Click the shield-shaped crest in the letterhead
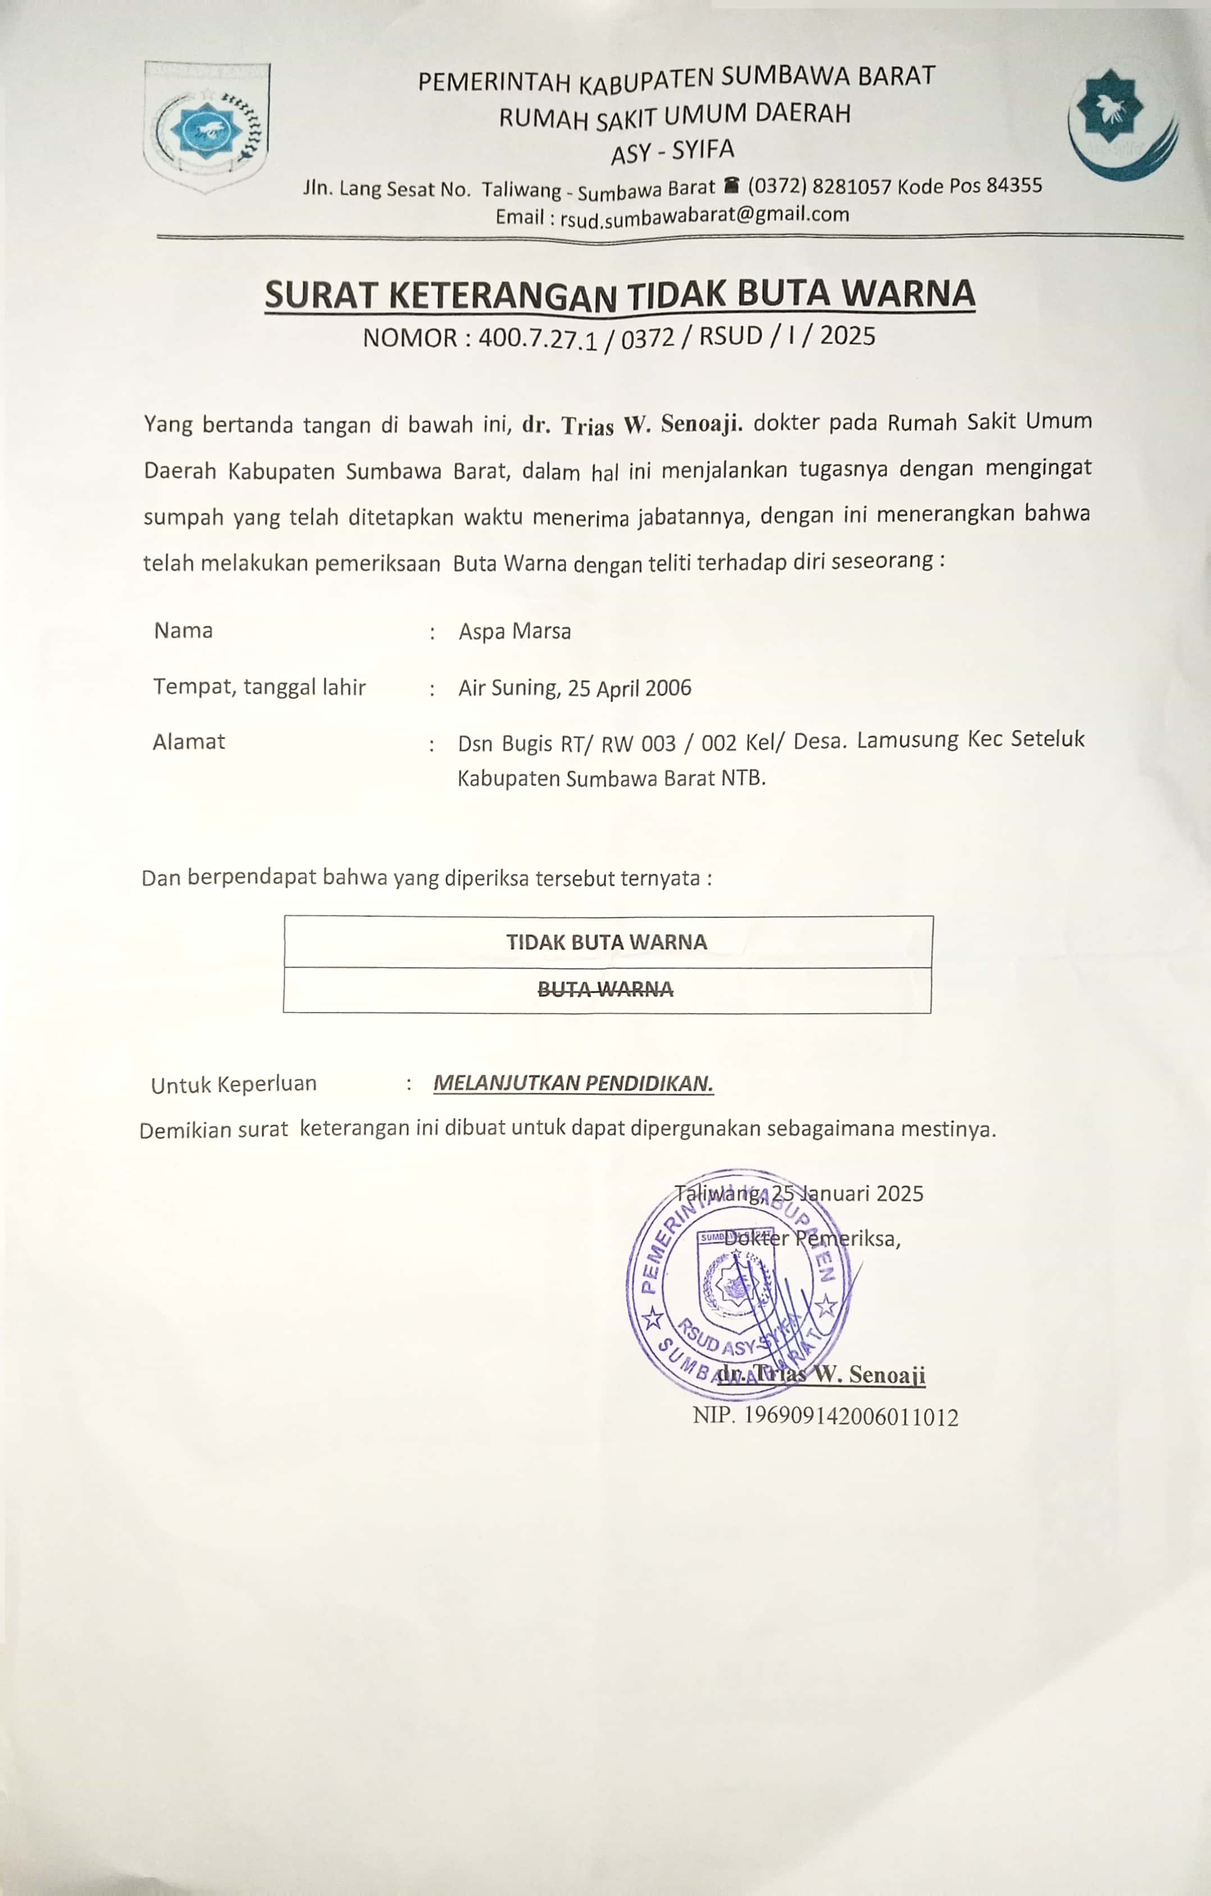tap(206, 126)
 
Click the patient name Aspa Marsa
tap(515, 631)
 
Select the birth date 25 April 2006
tap(629, 688)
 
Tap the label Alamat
tap(189, 742)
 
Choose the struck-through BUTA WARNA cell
tap(605, 990)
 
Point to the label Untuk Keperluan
tap(234, 1085)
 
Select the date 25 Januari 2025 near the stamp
tap(847, 1193)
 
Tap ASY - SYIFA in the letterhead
tap(672, 151)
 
